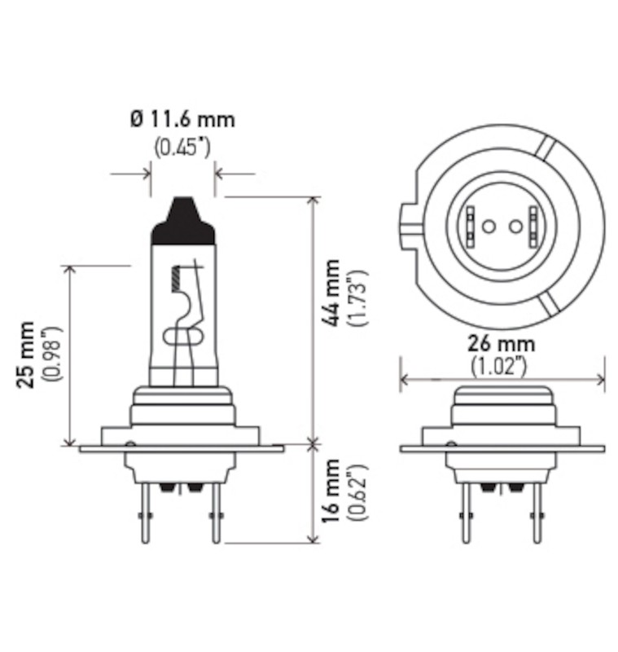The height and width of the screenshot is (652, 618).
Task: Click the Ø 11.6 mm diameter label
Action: pyautogui.click(x=182, y=120)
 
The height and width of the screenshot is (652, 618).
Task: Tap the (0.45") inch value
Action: pyautogui.click(x=182, y=148)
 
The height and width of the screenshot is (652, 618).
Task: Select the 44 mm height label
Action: pyautogui.click(x=331, y=293)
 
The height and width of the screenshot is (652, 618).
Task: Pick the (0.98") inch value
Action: pyautogui.click(x=55, y=355)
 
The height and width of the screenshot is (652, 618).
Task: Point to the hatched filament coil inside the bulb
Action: pyautogui.click(x=173, y=280)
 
